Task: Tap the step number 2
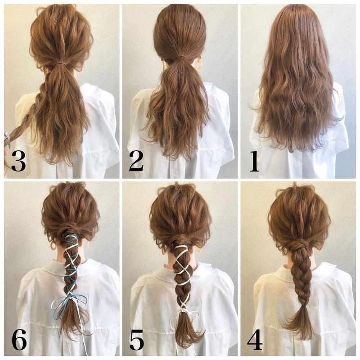click(136, 161)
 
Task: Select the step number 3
click(18, 161)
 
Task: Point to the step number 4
click(255, 340)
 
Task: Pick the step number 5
click(137, 340)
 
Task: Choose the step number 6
click(19, 340)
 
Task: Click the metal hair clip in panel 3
click(7, 139)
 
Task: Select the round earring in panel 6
click(53, 245)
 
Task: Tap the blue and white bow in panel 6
click(69, 302)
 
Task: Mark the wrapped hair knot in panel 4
click(298, 247)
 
